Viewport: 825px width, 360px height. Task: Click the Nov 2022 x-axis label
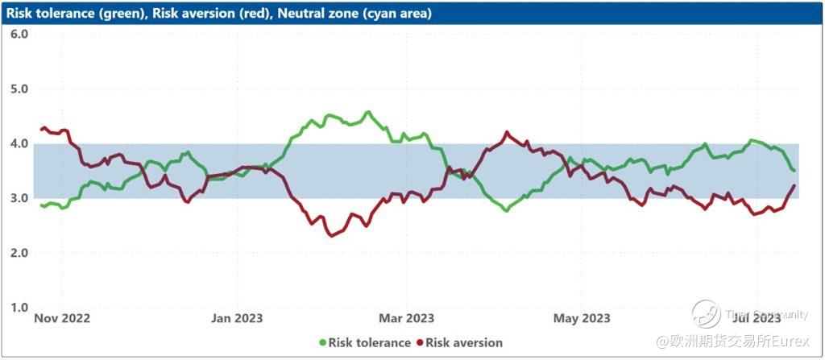pos(62,319)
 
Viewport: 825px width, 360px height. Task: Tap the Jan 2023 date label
pos(237,319)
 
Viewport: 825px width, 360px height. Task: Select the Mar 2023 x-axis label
pos(408,319)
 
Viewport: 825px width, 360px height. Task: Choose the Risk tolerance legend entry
pos(369,343)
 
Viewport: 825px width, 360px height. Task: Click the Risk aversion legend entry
pos(463,343)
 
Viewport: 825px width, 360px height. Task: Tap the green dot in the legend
pos(323,343)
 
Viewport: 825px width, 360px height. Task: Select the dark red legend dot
pos(420,343)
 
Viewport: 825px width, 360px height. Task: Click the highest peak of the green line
pos(368,112)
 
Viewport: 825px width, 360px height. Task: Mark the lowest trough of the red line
pos(331,235)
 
